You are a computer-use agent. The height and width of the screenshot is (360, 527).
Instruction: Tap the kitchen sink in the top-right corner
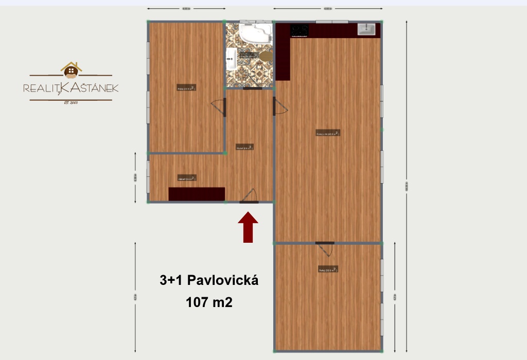tap(369, 29)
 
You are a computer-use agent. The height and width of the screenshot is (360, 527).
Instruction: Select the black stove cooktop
tap(300, 31)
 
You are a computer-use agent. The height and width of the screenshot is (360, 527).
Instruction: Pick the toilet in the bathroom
tap(265, 56)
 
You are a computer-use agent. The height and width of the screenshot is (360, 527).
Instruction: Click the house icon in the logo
tap(71, 71)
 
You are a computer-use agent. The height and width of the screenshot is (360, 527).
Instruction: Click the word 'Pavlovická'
tap(222, 280)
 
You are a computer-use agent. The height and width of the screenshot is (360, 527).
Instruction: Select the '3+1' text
tap(171, 280)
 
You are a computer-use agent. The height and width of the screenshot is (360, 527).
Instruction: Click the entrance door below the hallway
tap(249, 201)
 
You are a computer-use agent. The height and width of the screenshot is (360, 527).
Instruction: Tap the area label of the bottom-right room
tap(328, 269)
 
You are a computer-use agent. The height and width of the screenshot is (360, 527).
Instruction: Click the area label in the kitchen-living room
tap(328, 133)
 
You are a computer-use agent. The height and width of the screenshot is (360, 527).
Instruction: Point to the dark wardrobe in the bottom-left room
tap(197, 194)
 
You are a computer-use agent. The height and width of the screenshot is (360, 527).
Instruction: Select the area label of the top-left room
tap(186, 87)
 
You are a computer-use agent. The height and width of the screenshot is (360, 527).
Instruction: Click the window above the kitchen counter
tap(332, 21)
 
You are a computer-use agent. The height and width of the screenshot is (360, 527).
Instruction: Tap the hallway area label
tap(245, 147)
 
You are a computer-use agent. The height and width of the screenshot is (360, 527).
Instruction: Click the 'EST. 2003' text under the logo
tap(71, 103)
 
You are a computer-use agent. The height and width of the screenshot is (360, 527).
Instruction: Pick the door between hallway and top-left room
tap(225, 107)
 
